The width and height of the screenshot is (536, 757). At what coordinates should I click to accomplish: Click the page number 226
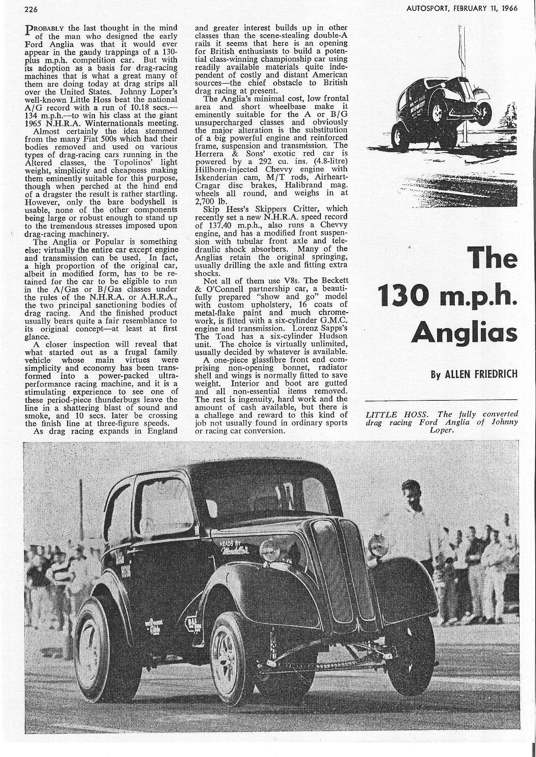point(31,10)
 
